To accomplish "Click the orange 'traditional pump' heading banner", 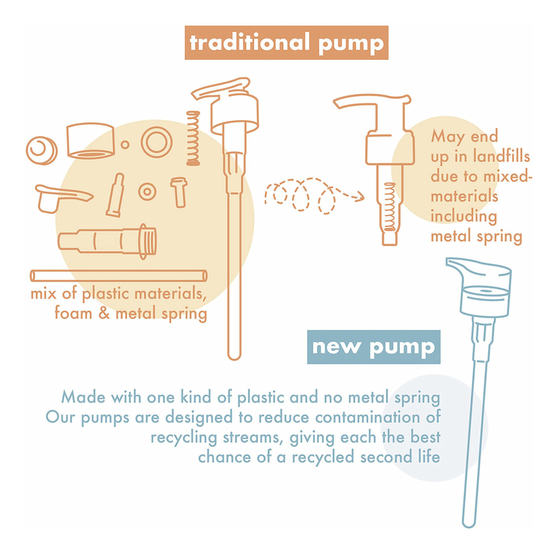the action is coord(286,43).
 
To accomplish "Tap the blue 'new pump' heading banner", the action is coord(373,347).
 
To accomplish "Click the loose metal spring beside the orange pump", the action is coord(193,138).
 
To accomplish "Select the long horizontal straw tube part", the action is coord(119,275).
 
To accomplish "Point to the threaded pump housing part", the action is coord(107,241).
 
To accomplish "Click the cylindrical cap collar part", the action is coord(91,141).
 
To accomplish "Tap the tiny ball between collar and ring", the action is coord(125,144).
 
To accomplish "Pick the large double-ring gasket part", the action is coord(157,142).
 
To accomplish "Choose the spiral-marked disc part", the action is coord(42,150).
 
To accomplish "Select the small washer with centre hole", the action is coord(147,192).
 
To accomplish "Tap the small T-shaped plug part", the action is coord(179,192).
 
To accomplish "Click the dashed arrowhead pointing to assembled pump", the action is coord(360,196).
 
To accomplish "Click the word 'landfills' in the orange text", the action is coord(501,157).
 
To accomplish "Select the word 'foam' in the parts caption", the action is coord(73,313).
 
